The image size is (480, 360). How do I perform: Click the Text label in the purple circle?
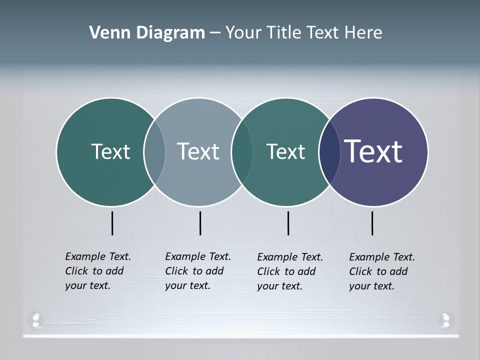pos(373,151)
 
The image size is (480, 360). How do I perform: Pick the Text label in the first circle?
pos(110,151)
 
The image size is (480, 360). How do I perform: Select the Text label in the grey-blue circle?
pos(198,151)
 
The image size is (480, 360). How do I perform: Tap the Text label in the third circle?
pos(285,151)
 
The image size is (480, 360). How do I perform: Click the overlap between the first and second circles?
pos(154,151)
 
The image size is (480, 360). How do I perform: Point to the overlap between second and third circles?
pos(242,151)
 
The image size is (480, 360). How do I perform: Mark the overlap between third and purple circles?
pos(329,151)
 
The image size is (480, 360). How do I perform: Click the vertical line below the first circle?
pos(112,223)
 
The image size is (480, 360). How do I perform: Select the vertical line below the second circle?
pos(200,223)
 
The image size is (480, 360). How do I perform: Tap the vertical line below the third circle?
pos(288,223)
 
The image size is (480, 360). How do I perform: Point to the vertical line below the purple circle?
pos(372,223)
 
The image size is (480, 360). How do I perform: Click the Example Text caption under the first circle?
pos(97,271)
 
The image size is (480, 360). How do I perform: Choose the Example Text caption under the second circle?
pos(197,271)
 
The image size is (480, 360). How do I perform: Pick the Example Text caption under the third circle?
pos(289,271)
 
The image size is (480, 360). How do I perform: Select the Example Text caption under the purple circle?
pos(381,271)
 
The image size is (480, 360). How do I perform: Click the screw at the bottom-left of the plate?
pos(35,320)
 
